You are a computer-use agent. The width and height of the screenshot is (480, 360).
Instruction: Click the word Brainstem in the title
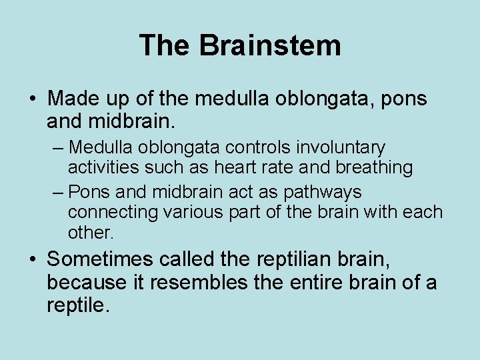click(x=270, y=45)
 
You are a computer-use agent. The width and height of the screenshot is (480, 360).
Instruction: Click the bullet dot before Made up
click(x=33, y=99)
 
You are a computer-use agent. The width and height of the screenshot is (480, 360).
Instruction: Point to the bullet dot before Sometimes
click(x=33, y=259)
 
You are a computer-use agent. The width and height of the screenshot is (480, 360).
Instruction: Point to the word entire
click(x=319, y=283)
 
